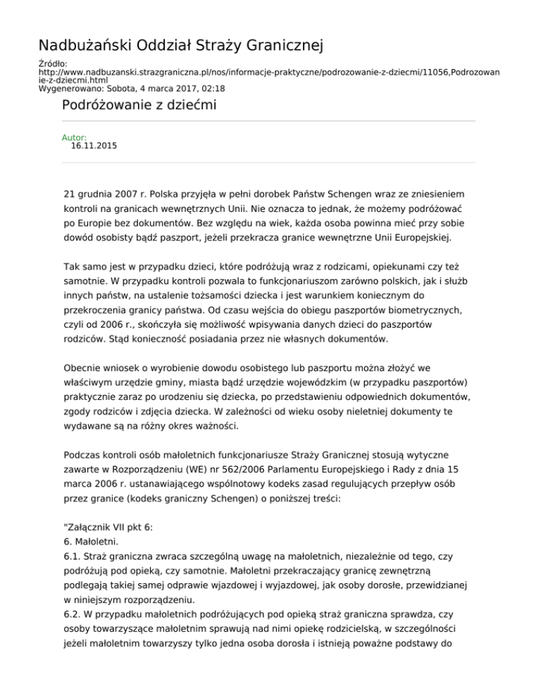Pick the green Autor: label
coord(74,138)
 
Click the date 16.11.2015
coord(94,146)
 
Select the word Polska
coord(160,193)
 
